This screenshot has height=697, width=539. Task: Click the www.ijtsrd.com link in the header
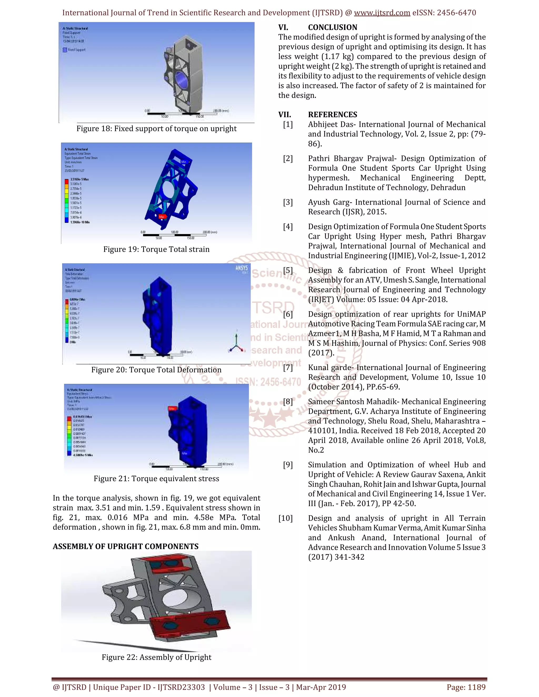coord(382,13)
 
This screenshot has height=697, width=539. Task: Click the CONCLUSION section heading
coord(332,27)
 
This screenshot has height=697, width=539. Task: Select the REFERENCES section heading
coord(332,115)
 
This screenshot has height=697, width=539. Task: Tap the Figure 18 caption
coord(157,129)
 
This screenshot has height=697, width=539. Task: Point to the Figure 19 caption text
coord(157,249)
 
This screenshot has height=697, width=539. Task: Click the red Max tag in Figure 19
coord(162,217)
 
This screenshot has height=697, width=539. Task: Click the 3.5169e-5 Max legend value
coord(79,179)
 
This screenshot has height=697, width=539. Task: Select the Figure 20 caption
coord(157,370)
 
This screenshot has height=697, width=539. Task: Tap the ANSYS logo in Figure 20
coord(241,268)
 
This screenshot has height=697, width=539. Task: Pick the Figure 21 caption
coord(157,479)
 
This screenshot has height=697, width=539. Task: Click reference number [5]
coord(288,271)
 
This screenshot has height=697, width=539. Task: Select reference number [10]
coord(286,518)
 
